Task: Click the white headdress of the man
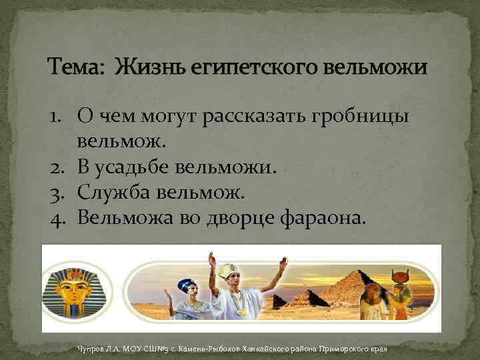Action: tap(227, 271)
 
